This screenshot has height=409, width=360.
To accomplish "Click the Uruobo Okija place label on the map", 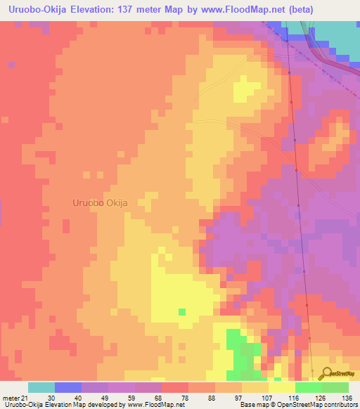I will coord(100,202).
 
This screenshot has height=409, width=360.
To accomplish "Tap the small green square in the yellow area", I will coord(182,311).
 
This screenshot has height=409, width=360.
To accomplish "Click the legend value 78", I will coord(185,398).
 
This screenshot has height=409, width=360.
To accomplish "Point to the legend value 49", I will coord(105,398).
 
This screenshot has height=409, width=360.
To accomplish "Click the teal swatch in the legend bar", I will coord(41,387).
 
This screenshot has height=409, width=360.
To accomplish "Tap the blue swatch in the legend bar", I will coord(68,387).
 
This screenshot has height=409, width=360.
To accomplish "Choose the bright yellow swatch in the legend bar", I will coord(282,387).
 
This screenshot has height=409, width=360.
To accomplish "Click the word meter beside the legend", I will coord(11,398).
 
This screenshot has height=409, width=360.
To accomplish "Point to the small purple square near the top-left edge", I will coord(12,65).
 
